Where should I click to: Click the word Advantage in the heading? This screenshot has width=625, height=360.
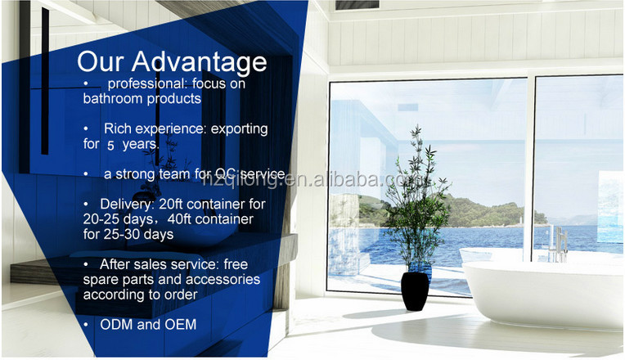200,63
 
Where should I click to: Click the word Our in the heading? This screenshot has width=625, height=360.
101,62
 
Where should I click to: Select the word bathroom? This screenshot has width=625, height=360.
109,98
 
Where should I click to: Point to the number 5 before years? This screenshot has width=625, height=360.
110,145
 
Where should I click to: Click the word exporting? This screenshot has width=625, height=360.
239,129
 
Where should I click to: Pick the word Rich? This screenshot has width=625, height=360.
116,128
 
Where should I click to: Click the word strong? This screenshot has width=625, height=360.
136,174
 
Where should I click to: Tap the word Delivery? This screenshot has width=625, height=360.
127,205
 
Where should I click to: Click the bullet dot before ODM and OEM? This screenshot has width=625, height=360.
86,325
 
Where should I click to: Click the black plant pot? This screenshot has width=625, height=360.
415,291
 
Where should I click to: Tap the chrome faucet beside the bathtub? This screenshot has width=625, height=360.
560,244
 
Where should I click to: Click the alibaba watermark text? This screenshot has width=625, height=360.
317,180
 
